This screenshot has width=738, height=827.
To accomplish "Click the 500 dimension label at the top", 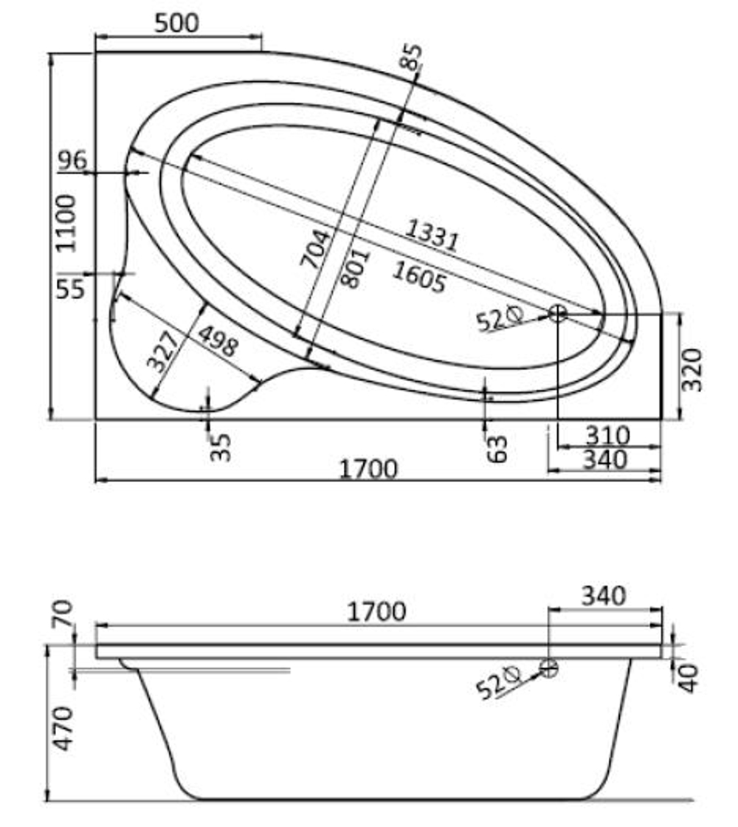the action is [177, 23].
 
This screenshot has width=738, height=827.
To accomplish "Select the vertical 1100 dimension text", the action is [67, 224].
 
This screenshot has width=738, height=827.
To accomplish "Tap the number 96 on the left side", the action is [72, 160].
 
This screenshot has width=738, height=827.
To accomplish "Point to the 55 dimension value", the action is [70, 289].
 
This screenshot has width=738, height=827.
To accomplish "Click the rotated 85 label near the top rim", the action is [411, 57].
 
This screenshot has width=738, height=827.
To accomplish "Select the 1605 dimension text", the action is [420, 277].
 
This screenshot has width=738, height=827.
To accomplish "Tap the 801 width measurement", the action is [355, 269].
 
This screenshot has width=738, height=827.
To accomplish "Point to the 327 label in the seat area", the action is [163, 351].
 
